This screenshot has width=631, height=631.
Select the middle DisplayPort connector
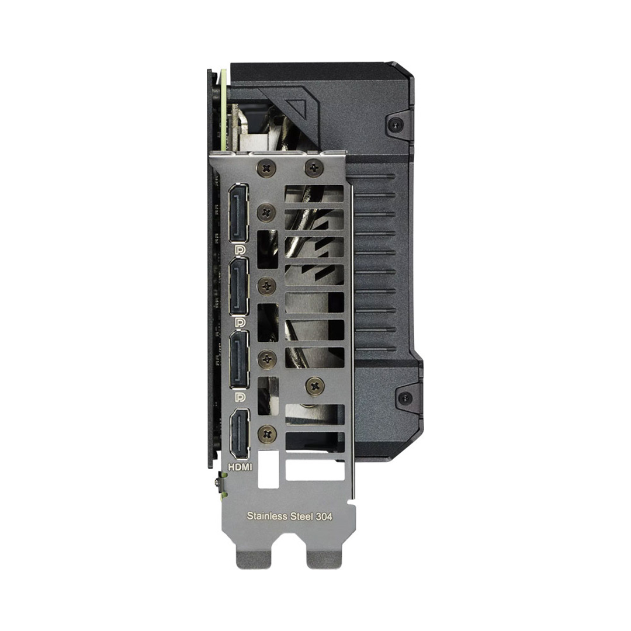click(238, 286)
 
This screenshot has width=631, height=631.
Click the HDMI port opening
click(240, 433)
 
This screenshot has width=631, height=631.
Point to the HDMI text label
click(239, 468)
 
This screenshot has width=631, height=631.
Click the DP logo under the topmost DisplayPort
click(238, 250)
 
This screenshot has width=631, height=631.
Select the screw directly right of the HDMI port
click(267, 433)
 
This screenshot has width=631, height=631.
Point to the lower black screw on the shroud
click(404, 398)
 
